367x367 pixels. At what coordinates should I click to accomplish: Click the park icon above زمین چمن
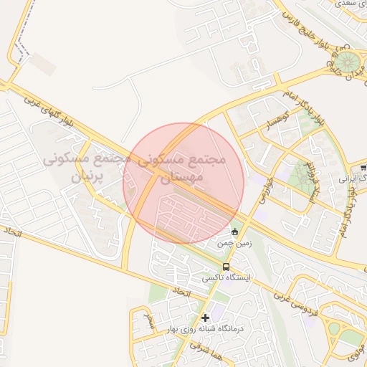click(235, 231)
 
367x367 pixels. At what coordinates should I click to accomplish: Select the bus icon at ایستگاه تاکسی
click(227, 267)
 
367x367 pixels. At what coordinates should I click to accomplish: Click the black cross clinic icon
click(206, 318)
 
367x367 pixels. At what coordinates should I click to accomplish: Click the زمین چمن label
click(235, 244)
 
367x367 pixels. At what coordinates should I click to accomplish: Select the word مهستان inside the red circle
click(184, 175)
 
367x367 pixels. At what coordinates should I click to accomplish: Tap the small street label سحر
click(149, 315)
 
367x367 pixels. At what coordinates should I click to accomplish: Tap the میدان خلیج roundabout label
click(334, 65)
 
